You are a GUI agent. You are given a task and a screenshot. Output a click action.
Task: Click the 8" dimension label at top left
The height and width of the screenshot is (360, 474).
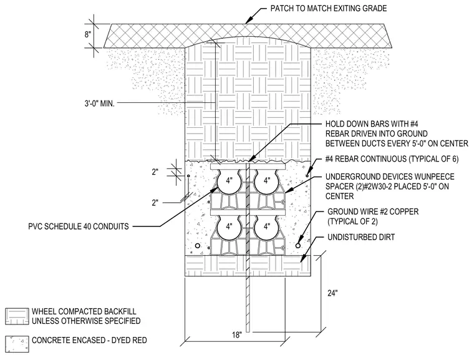[88, 34]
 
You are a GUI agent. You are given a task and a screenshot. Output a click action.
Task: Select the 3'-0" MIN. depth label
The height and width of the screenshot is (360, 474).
[99, 104]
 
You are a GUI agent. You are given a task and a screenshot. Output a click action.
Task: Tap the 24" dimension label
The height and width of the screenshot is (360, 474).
[332, 293]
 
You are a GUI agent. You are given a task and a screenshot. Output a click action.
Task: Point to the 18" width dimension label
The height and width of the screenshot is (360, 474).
[237, 335]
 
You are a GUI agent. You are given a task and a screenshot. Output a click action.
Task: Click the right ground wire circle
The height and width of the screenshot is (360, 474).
[297, 246]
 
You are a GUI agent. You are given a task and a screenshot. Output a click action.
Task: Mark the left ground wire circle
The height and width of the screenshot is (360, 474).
[198, 246]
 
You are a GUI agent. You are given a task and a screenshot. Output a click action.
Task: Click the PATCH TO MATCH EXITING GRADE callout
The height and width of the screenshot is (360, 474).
[329, 8]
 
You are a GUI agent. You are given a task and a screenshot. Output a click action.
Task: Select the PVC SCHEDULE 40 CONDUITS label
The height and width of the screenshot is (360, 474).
[79, 226]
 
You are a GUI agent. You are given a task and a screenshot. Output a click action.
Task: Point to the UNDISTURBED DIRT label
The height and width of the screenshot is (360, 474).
[361, 237]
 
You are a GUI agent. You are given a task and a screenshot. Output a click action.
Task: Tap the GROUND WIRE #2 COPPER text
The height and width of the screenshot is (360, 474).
[373, 212]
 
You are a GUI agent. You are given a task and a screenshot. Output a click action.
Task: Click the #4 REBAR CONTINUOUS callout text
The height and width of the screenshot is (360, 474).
[392, 159]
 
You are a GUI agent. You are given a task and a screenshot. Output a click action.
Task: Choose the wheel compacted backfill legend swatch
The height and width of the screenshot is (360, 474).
[17, 316]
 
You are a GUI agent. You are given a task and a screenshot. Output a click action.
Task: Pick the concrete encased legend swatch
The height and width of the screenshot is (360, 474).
[17, 344]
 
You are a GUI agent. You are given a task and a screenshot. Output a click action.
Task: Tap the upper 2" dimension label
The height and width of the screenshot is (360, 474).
[155, 172]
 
